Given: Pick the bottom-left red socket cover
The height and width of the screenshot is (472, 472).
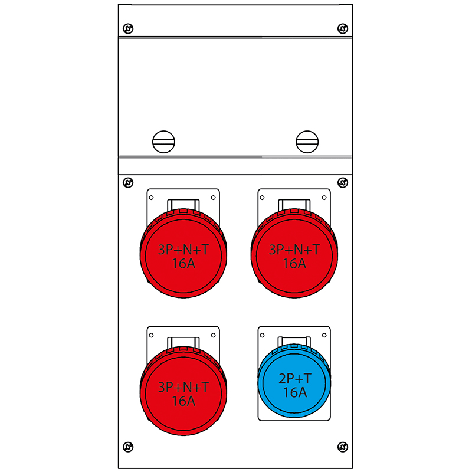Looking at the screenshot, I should [x=183, y=393].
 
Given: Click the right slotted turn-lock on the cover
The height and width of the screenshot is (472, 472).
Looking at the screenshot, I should [x=307, y=141].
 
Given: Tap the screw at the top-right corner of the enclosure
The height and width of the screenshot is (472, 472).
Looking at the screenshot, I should [x=342, y=28].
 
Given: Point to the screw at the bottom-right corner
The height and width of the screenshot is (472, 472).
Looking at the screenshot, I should [x=342, y=447].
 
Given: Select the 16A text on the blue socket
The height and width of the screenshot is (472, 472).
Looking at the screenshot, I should [x=294, y=392].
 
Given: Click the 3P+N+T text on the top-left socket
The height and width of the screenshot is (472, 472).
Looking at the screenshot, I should [x=183, y=250].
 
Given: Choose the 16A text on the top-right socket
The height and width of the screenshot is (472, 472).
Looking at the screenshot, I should [x=294, y=264].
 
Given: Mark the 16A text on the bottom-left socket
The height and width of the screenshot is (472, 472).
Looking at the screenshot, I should [x=183, y=401].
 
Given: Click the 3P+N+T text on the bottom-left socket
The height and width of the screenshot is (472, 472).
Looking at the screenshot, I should [x=183, y=387].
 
